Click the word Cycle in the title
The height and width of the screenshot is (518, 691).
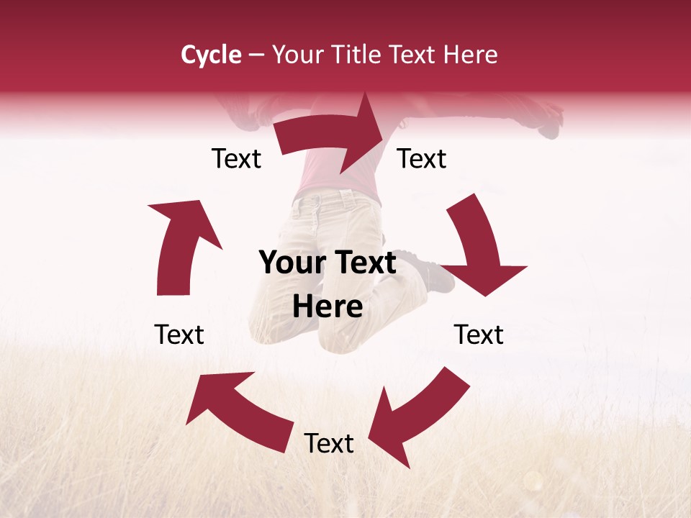point(211,55)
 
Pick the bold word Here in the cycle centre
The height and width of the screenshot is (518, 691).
point(328,307)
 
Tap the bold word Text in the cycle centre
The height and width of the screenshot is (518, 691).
point(363,263)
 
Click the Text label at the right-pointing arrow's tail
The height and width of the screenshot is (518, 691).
point(236,159)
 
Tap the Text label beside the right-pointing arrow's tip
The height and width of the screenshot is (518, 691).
point(422,159)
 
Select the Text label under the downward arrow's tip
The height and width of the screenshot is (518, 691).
point(479,335)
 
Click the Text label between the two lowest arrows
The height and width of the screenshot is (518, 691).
point(329,444)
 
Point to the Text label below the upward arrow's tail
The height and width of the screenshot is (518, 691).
point(179,335)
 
